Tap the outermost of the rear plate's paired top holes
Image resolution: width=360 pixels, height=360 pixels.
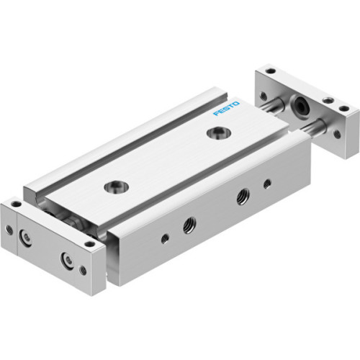pos(343,109)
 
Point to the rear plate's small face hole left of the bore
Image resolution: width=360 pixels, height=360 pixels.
pos(264,95)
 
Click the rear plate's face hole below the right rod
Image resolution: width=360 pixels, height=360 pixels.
pos(336,133)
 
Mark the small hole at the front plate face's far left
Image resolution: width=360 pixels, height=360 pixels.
pos(9,230)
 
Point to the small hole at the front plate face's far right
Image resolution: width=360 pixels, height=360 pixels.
pos(84,271)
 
